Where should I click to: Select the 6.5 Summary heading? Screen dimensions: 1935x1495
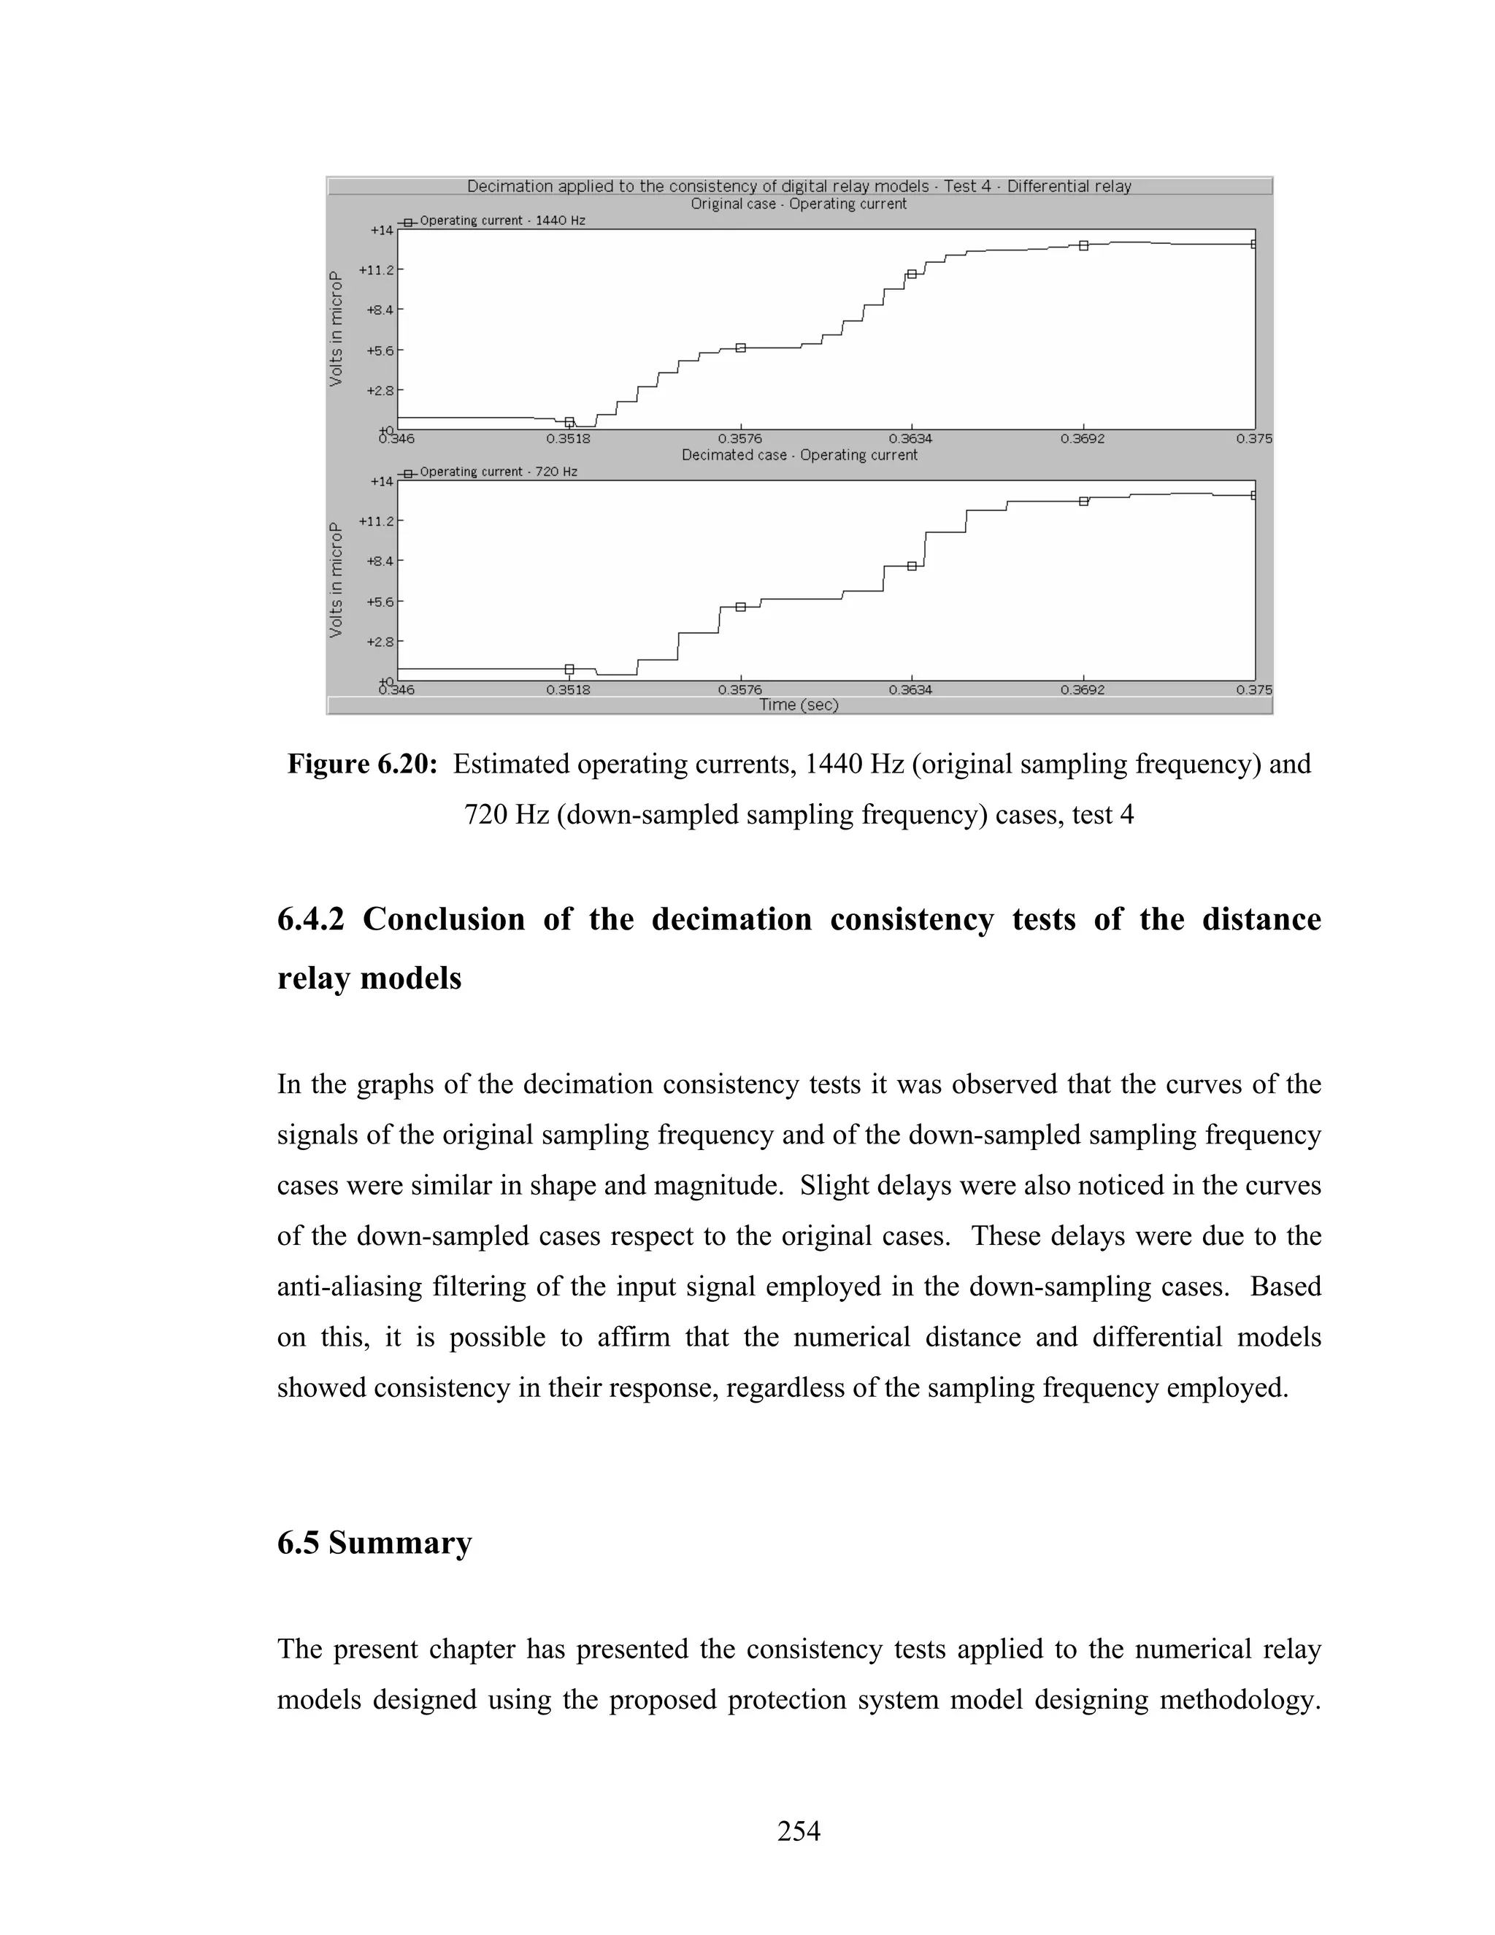pyautogui.click(x=374, y=1542)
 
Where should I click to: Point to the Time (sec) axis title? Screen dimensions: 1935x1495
pyautogui.click(x=798, y=705)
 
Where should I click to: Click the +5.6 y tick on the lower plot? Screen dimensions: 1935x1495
pyautogui.click(x=379, y=602)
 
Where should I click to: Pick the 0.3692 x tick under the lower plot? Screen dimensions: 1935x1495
pyautogui.click(x=1083, y=690)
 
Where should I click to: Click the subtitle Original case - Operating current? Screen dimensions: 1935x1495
pyautogui.click(x=798, y=204)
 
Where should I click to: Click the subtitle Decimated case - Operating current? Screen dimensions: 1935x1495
pyautogui.click(x=799, y=454)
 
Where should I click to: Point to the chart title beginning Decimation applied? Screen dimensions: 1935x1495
pyautogui.click(x=798, y=186)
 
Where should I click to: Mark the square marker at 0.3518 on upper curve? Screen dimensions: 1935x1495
pyautogui.click(x=569, y=422)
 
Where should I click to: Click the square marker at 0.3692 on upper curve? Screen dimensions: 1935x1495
pyautogui.click(x=1083, y=245)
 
